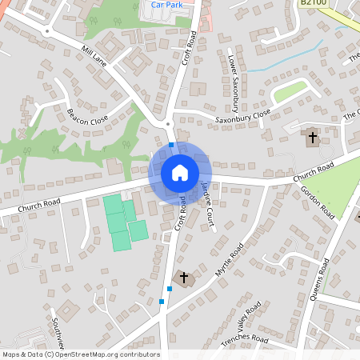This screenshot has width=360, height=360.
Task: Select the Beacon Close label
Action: tap(88, 116)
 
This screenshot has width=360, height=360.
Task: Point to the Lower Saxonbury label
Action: tap(234, 84)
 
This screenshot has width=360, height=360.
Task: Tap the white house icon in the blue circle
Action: tap(180, 172)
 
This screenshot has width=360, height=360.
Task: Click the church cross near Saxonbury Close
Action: tap(312, 138)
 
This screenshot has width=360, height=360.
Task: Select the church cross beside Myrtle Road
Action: tap(184, 278)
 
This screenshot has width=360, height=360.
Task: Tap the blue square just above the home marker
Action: tap(171, 145)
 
